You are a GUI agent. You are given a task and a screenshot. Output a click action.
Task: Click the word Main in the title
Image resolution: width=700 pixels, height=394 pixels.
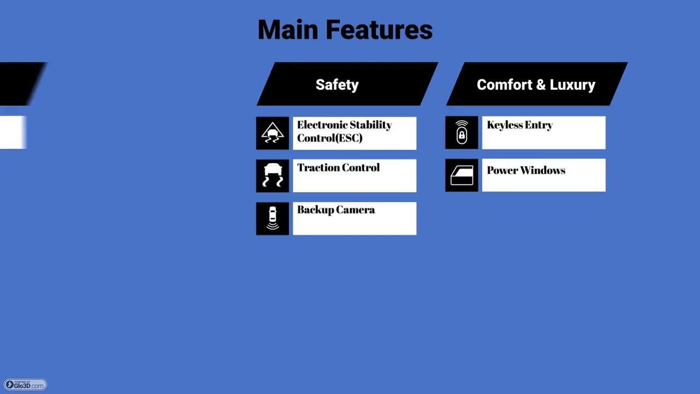pyautogui.click(x=288, y=30)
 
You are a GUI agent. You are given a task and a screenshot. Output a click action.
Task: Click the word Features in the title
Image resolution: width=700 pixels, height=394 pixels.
pyautogui.click(x=379, y=30)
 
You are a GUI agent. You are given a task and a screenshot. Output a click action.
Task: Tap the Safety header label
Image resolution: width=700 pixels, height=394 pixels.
pyautogui.click(x=337, y=85)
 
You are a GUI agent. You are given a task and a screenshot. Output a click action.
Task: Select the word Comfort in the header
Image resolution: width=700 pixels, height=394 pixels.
pyautogui.click(x=504, y=85)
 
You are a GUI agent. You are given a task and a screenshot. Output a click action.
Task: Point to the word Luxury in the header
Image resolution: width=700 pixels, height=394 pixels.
pyautogui.click(x=573, y=85)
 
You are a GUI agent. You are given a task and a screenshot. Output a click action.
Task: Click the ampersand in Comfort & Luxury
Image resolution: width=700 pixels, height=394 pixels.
pyautogui.click(x=541, y=85)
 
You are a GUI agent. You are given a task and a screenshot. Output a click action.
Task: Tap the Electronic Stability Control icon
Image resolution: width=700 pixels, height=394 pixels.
pyautogui.click(x=272, y=133)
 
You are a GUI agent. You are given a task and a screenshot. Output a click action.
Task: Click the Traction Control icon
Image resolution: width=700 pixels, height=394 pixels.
pyautogui.click(x=272, y=176)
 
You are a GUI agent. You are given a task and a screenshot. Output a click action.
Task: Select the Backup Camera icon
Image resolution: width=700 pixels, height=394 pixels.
pyautogui.click(x=272, y=218)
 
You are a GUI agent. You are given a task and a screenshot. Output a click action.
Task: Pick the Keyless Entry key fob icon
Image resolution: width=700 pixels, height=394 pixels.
pyautogui.click(x=462, y=132)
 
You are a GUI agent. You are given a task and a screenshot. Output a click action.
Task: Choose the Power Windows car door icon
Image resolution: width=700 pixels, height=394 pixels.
pyautogui.click(x=462, y=175)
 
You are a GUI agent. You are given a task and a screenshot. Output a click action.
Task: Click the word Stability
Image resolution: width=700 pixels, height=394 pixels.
pyautogui.click(x=371, y=125)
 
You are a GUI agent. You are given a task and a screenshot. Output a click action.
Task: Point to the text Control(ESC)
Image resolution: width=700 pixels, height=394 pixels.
pyautogui.click(x=330, y=138)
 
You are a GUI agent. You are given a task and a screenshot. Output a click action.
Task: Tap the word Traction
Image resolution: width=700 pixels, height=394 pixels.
pyautogui.click(x=318, y=167)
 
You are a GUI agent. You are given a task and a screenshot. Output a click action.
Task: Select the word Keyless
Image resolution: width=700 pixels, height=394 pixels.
pyautogui.click(x=504, y=125)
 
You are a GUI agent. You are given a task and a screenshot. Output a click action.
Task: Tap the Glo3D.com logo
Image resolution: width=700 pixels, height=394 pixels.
pyautogui.click(x=25, y=385)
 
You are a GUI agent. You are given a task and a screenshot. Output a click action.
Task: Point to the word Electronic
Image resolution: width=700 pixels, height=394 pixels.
pyautogui.click(x=322, y=125)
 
